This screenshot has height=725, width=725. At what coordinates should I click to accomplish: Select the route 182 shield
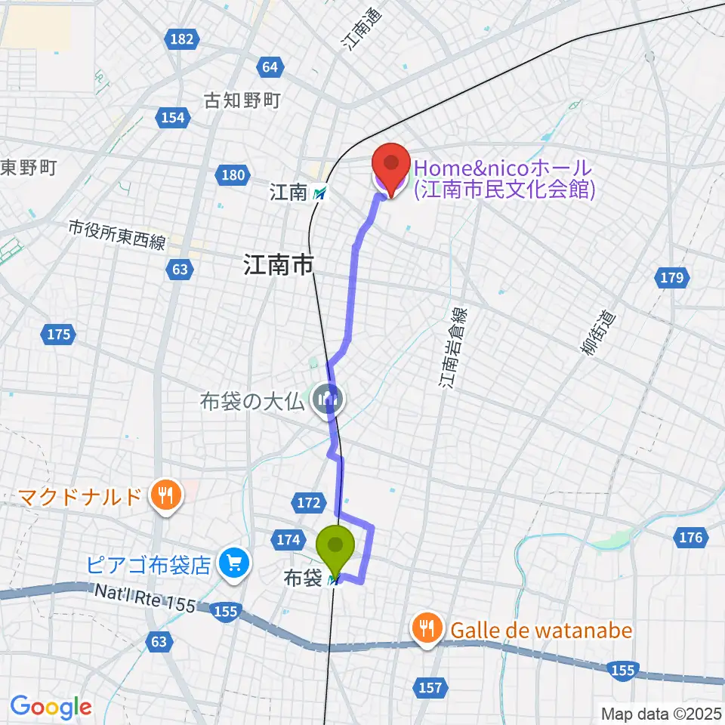tap(182, 39)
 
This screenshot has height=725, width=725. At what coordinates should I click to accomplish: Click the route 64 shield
tap(270, 67)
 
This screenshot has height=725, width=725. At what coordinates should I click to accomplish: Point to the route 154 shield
tap(172, 117)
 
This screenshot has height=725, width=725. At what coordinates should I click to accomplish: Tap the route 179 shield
tap(671, 279)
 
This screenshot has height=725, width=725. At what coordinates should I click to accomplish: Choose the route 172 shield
tap(309, 501)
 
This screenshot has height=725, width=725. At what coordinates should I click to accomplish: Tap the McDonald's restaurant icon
tap(163, 496)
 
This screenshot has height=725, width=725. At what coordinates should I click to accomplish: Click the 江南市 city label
tap(278, 265)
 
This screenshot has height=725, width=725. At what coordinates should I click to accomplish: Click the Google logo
tap(51, 707)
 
